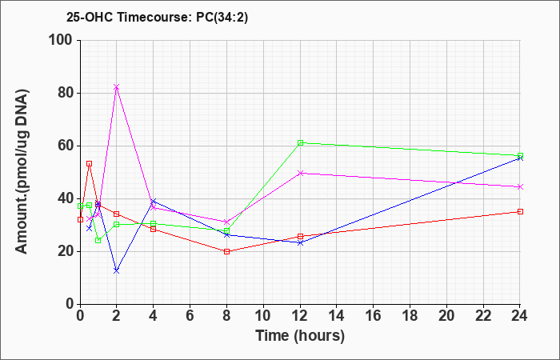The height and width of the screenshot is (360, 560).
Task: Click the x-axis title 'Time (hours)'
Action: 300,335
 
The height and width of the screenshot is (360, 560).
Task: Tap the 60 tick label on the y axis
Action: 64,146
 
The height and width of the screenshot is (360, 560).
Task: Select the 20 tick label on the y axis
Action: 64,251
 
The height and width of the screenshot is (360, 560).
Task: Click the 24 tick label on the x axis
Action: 520,316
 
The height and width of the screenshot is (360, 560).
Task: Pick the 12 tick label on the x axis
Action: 300,316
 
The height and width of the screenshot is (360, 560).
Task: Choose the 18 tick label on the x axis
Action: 410,316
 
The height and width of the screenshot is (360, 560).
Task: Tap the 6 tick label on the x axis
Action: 190,316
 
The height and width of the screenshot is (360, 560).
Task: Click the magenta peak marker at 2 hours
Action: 117,87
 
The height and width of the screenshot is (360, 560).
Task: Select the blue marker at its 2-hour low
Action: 117,270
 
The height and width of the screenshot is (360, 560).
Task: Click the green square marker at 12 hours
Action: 300,143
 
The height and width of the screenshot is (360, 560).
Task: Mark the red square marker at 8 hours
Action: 226,251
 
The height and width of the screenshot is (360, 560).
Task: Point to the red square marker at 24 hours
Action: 520,211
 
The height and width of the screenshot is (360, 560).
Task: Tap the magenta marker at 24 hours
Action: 520,186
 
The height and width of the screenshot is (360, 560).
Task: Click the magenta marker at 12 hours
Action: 300,173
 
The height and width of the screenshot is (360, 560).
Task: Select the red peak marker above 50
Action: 89,163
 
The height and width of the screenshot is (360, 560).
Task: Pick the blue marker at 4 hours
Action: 154,202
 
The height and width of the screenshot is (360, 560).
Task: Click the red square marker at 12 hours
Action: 300,236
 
